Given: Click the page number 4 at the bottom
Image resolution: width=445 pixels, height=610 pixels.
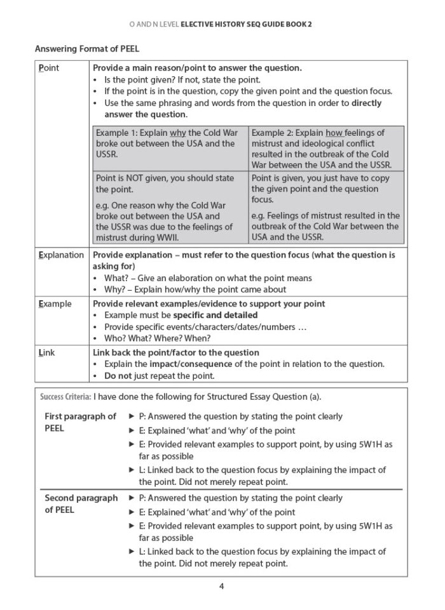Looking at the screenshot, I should [x=221, y=586].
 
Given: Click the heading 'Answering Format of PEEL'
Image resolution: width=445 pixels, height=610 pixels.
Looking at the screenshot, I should [x=87, y=48].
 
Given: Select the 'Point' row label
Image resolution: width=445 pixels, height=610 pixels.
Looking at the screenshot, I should [x=49, y=68].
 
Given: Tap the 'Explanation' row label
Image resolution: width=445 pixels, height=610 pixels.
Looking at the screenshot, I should [x=61, y=255].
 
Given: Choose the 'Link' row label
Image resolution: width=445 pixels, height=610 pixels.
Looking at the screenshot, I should [x=47, y=352].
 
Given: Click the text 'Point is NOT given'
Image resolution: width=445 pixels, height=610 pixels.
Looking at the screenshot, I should [x=133, y=178].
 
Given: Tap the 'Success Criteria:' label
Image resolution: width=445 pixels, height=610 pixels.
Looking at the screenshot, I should [x=65, y=397].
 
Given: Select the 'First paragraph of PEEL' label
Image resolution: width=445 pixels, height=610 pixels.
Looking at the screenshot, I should [x=80, y=422].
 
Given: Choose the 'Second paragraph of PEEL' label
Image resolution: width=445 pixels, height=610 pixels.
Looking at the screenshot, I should [x=81, y=504].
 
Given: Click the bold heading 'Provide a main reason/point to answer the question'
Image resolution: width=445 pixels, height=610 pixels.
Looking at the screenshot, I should [x=197, y=68].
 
